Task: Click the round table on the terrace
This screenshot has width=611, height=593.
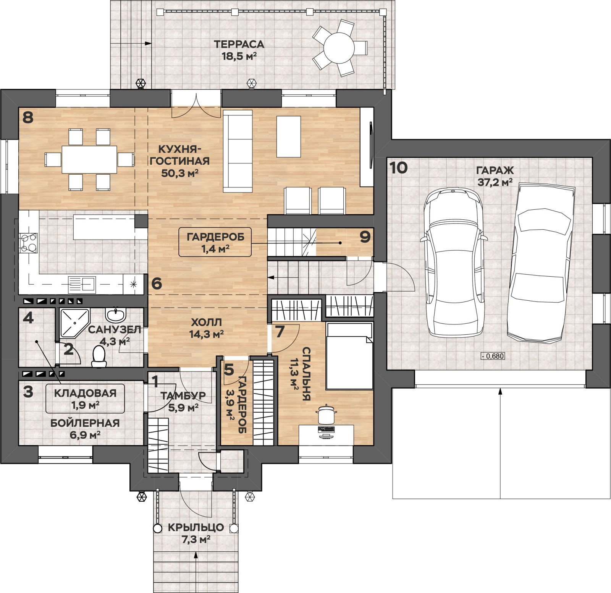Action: pos(339,48)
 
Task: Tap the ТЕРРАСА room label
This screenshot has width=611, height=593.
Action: pos(239,44)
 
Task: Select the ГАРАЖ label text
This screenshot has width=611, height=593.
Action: pos(495,170)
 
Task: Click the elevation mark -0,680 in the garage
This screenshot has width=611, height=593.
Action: pos(493,356)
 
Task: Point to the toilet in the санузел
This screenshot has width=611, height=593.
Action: pos(99,356)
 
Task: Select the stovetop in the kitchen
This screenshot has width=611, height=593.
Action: pos(29,243)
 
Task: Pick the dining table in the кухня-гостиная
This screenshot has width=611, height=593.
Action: pos(89,159)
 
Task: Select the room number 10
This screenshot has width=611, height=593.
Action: pos(399,168)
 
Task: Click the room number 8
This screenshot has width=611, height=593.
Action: pos(28,117)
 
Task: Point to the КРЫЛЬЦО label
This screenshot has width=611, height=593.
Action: pos(196,527)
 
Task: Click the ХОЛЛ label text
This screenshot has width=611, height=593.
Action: pos(206,322)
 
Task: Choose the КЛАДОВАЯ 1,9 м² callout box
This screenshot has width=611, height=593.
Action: pos(85,399)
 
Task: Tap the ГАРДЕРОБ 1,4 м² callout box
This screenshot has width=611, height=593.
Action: pos(215,242)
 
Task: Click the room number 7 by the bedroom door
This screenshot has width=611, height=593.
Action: pos(280,332)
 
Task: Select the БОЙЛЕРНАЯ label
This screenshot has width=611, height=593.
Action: pos(85,423)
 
